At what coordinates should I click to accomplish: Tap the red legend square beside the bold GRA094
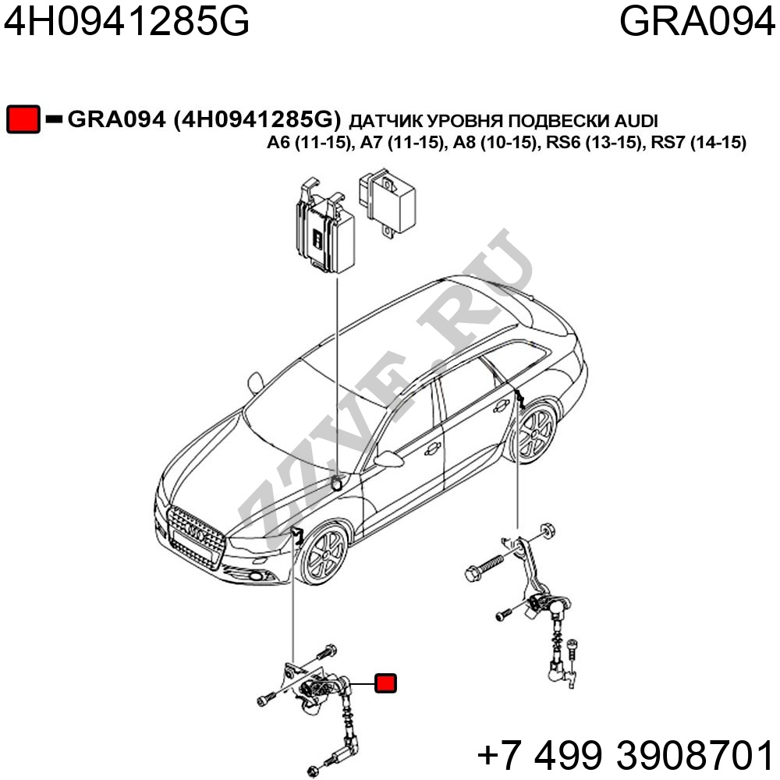tap(23, 119)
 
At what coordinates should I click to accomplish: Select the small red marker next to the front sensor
tap(385, 683)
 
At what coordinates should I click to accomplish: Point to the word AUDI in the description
tap(636, 121)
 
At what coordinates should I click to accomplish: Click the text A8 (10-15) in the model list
tap(495, 143)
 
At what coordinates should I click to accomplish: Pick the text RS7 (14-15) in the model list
tap(698, 143)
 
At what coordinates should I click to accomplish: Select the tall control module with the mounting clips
tap(325, 226)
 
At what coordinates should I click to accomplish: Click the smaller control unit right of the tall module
tap(387, 202)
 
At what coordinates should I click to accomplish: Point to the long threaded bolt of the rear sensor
tap(484, 568)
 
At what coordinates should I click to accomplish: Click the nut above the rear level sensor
tap(548, 530)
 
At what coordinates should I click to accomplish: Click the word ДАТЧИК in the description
tap(386, 122)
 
